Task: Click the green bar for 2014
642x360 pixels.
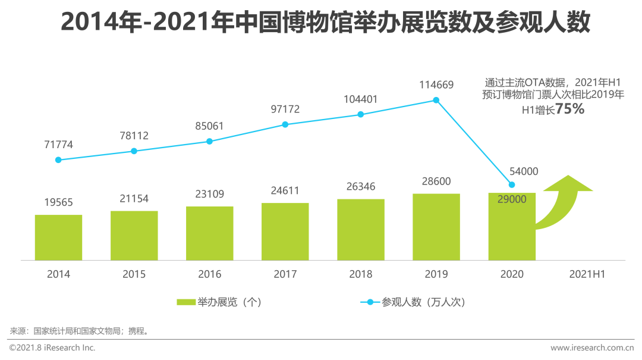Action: point(58,237)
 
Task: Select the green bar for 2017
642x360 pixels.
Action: point(285,231)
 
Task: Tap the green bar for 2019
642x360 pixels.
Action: point(436,227)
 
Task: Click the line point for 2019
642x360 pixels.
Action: point(436,101)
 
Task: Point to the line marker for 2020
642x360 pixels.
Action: point(512,184)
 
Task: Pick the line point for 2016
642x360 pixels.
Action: point(209,142)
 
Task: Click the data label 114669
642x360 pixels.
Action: point(436,85)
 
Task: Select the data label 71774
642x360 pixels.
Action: point(58,145)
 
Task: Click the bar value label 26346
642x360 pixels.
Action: point(361,187)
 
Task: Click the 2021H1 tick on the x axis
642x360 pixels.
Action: point(587,274)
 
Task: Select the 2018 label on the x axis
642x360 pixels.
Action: point(361,274)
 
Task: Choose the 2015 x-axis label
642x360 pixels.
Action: point(134,274)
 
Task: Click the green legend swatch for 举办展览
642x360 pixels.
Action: point(186,302)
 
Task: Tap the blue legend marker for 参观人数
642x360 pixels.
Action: point(370,302)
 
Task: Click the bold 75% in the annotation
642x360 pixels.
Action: point(569,109)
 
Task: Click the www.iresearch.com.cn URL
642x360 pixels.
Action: point(592,348)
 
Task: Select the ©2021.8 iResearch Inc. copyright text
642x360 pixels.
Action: point(52,348)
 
